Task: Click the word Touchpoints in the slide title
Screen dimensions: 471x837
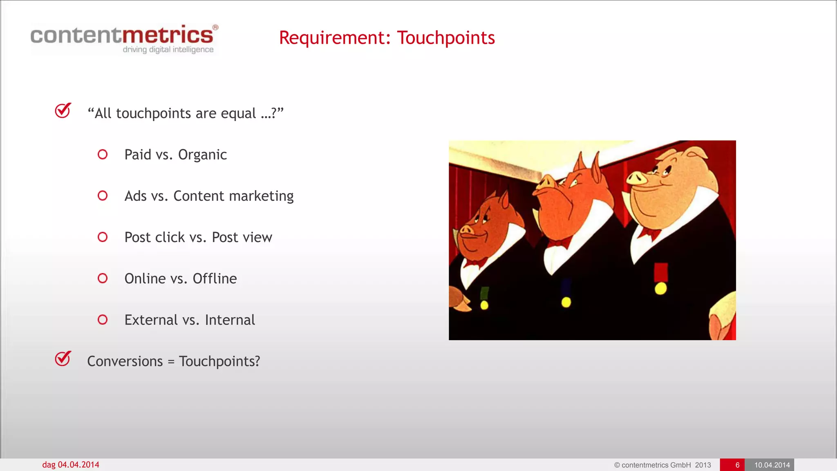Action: click(446, 38)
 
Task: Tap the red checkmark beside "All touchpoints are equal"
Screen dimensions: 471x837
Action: click(63, 110)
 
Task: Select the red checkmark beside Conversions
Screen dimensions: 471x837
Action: click(63, 359)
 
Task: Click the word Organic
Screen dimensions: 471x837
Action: click(202, 155)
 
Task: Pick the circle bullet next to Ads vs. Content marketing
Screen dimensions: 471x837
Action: click(103, 196)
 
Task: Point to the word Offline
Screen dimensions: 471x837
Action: click(215, 279)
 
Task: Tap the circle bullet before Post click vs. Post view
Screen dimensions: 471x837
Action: click(103, 237)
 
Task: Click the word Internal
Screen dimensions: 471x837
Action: click(230, 320)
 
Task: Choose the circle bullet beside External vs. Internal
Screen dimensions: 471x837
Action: click(103, 320)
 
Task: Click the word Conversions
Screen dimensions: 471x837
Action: click(125, 361)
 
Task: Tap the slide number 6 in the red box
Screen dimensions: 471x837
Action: click(737, 465)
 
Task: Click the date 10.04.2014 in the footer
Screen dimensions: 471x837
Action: click(772, 465)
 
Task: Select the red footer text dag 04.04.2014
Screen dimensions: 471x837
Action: click(71, 465)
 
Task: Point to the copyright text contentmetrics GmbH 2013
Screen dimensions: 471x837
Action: click(662, 465)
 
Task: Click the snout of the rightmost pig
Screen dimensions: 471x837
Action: click(637, 178)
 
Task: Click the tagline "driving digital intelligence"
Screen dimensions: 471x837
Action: click(168, 50)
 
